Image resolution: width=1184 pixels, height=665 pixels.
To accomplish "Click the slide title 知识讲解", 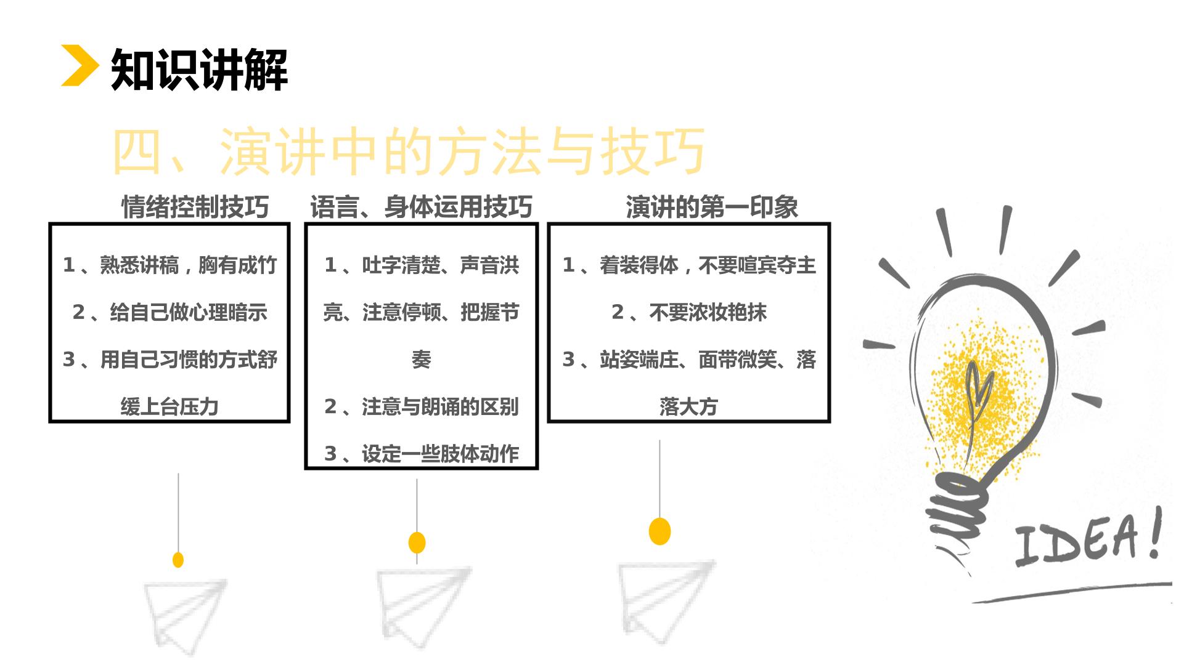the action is (x=200, y=70).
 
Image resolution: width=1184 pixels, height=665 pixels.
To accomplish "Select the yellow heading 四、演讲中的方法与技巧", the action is (x=408, y=151).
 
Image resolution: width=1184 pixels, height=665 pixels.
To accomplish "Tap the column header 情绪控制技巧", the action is (x=195, y=207).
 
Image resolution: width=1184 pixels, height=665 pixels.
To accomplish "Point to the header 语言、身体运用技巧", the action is (x=421, y=207).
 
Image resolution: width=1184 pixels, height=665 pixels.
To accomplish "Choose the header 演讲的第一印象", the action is (x=712, y=207).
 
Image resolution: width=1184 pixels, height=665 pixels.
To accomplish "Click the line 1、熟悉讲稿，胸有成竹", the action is (x=169, y=265).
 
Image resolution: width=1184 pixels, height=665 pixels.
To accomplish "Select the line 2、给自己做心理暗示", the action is (x=169, y=312).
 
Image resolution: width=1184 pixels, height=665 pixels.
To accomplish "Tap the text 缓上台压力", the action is (x=169, y=406).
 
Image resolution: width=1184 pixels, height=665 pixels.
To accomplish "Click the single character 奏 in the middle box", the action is (x=422, y=360).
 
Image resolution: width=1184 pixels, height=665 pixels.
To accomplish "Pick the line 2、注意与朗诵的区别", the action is (x=422, y=406).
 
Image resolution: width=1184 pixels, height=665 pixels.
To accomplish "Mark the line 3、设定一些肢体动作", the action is (x=422, y=454).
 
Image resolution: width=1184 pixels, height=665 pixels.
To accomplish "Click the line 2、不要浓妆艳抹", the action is (x=689, y=312).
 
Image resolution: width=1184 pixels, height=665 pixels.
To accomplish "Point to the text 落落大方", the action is (x=689, y=406).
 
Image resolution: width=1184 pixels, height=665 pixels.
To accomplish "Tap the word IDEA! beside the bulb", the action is (x=1088, y=537).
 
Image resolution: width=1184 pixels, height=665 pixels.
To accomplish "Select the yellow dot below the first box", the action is (x=178, y=560).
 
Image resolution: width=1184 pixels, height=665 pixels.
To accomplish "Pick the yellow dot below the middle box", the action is (x=417, y=542).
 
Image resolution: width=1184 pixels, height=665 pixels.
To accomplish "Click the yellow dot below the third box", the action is (x=660, y=531).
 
